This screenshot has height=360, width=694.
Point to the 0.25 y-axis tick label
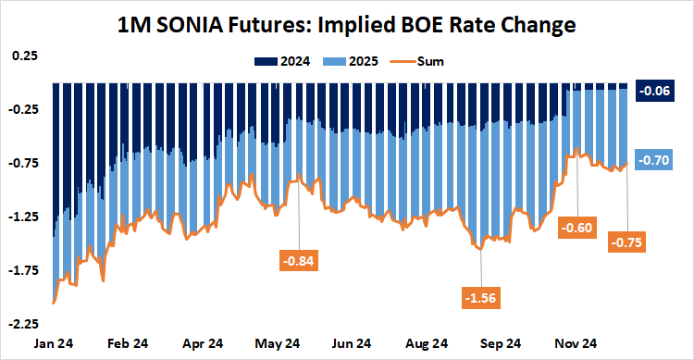pos(24,56)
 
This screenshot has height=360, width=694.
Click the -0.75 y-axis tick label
pos(22,163)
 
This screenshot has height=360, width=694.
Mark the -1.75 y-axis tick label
pos(22,270)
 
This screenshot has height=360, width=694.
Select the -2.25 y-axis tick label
pos(22,324)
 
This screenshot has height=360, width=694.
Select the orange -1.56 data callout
pos(481,297)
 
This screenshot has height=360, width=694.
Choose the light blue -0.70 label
pos(655,160)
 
